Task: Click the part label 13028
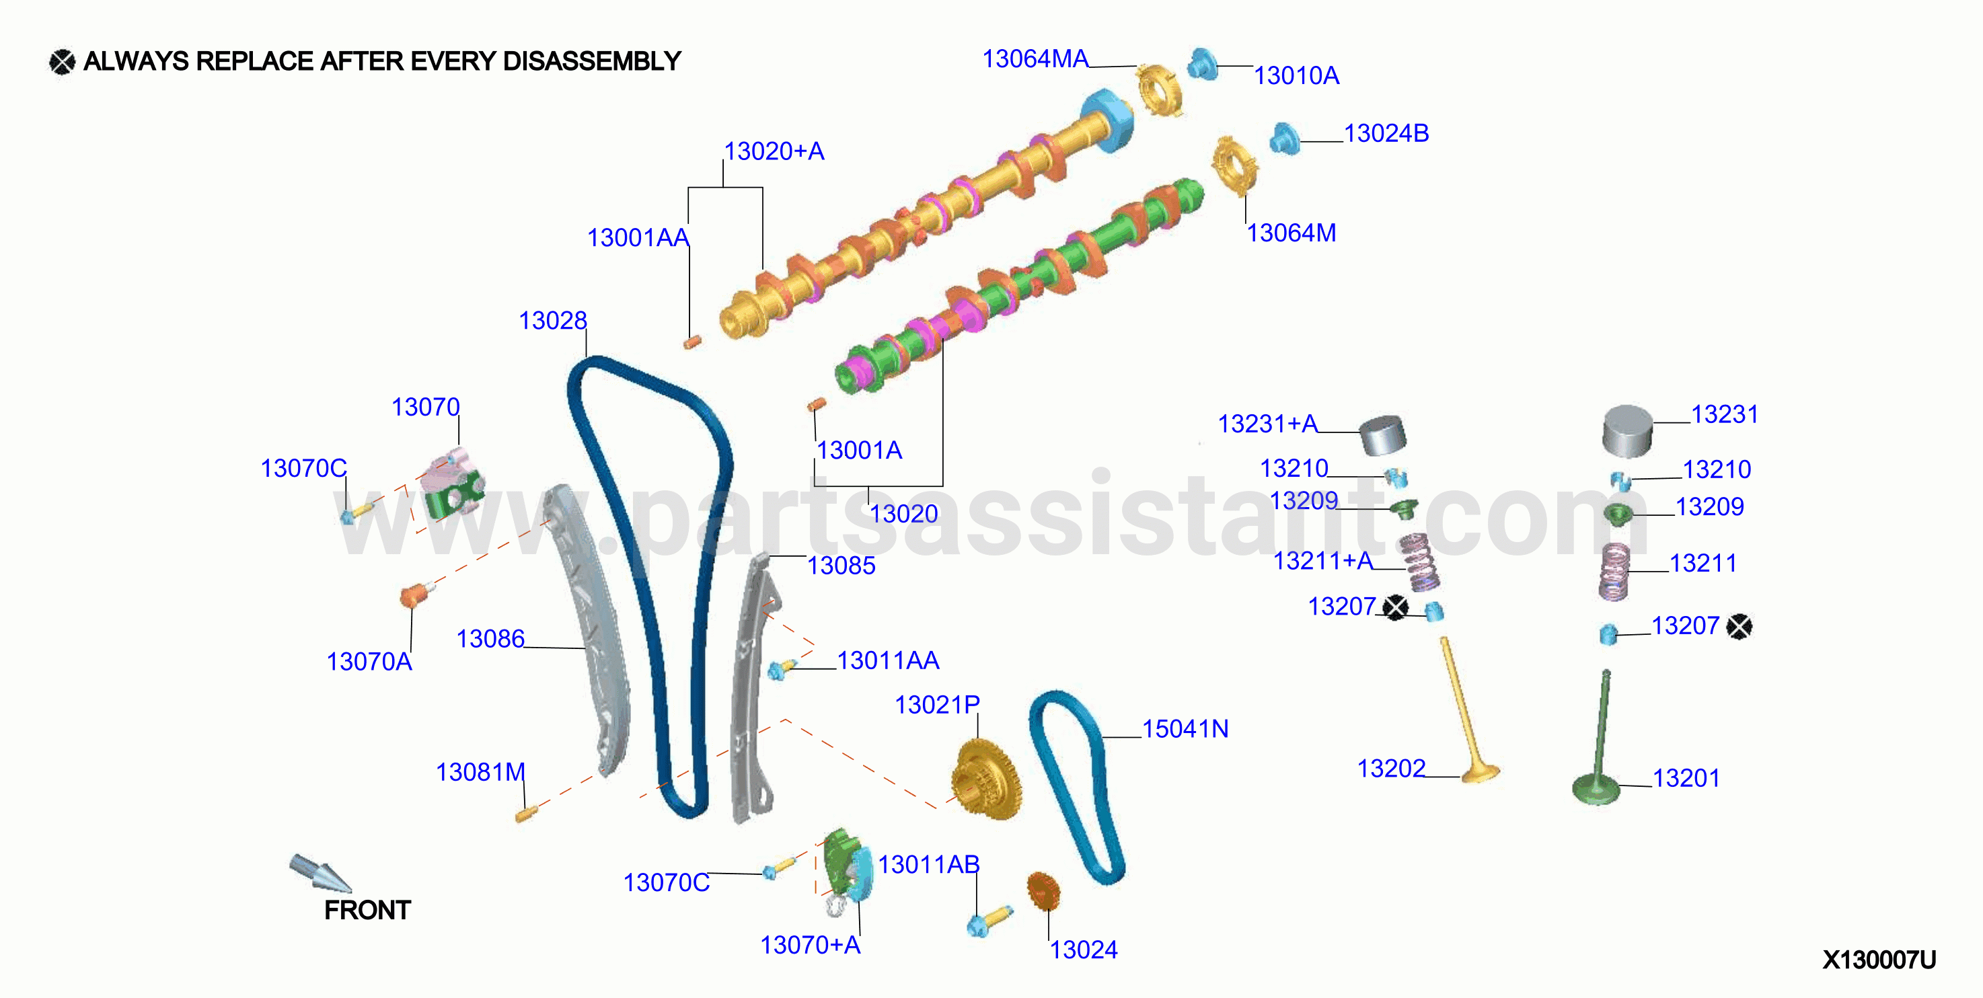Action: [x=553, y=320]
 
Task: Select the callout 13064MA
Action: [x=1035, y=59]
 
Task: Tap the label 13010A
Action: [x=1296, y=75]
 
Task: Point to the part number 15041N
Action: [x=1185, y=729]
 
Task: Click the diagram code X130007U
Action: [x=1879, y=960]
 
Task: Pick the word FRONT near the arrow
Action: [x=367, y=911]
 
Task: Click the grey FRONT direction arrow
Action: [x=319, y=874]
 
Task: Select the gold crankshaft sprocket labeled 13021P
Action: [x=986, y=779]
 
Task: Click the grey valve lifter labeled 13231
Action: [x=1627, y=431]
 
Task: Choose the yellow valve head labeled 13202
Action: [x=1481, y=773]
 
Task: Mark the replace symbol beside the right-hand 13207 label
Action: [x=1739, y=626]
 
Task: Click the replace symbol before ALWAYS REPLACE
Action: [x=63, y=62]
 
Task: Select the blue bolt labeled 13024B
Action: [x=1284, y=139]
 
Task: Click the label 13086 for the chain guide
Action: [x=490, y=639]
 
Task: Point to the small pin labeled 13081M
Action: [x=526, y=813]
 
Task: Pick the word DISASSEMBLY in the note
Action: [x=592, y=61]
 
